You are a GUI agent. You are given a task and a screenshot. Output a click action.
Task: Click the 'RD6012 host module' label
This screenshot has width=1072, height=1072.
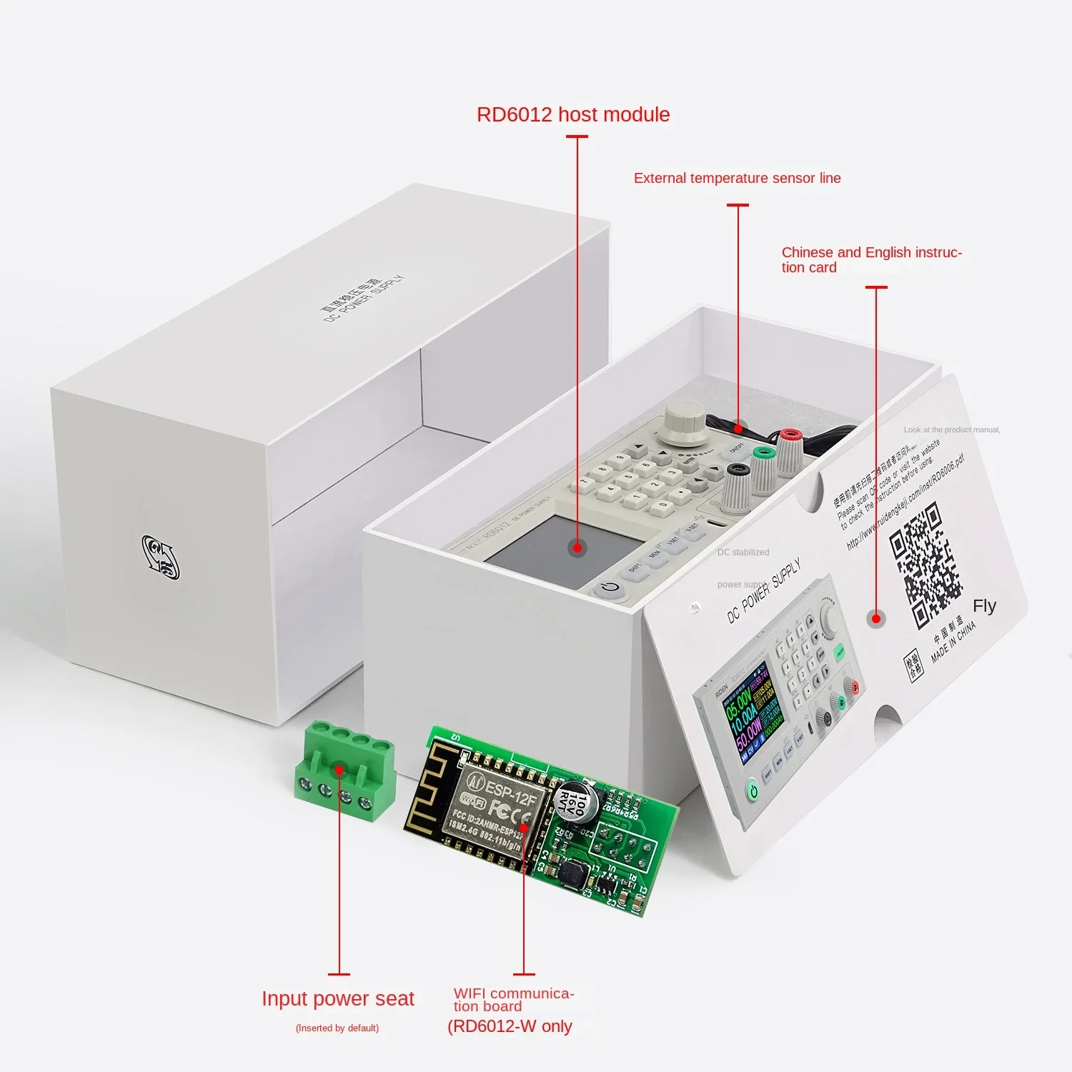tap(573, 115)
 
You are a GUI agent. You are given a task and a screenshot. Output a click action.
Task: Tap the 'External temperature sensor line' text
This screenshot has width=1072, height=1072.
tap(737, 179)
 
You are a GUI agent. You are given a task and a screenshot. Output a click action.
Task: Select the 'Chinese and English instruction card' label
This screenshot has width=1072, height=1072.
tap(870, 259)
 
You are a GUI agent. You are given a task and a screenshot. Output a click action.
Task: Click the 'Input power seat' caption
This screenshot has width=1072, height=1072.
tap(337, 998)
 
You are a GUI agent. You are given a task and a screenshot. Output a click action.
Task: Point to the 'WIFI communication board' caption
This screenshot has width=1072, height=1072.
tap(512, 1000)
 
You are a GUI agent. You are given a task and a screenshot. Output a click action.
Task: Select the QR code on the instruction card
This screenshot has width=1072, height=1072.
tap(925, 565)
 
